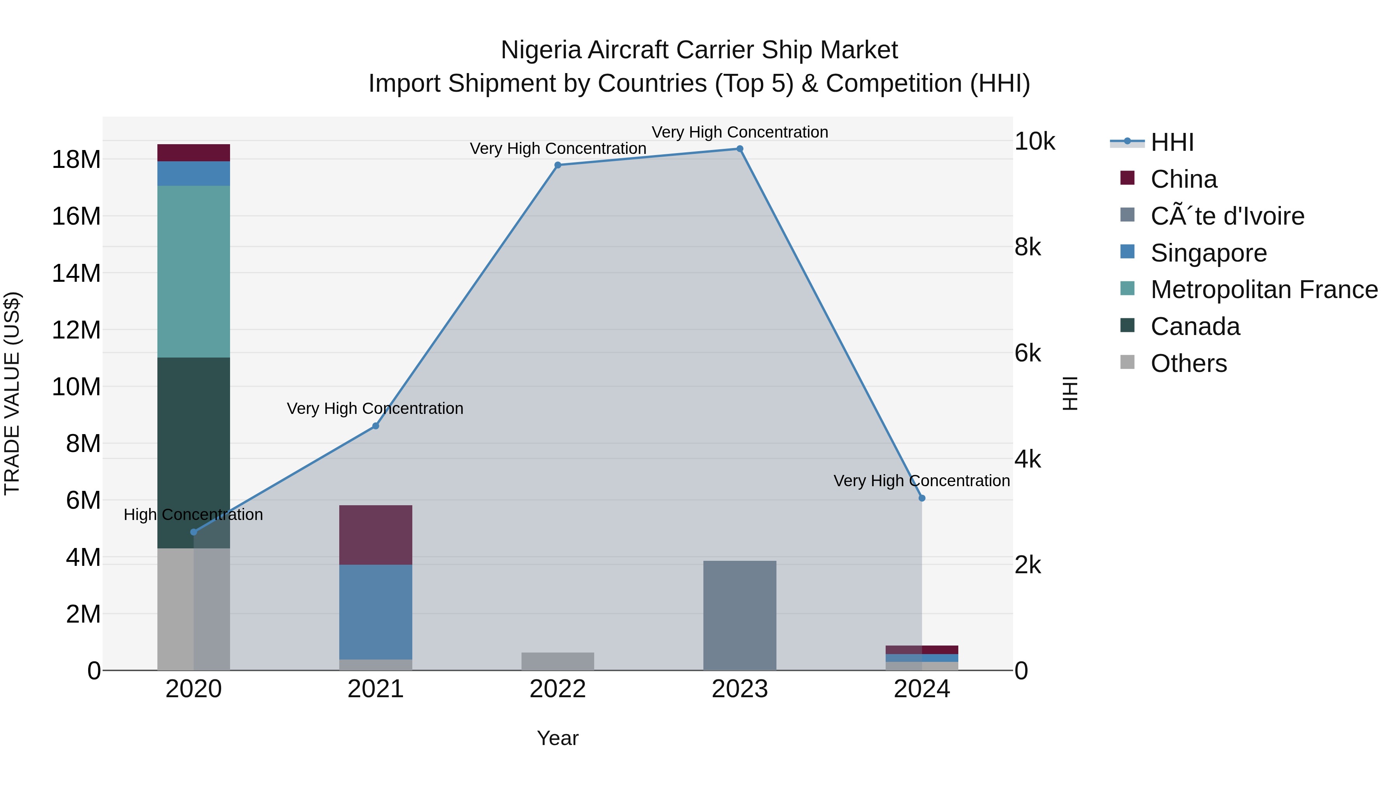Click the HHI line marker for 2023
click(739, 149)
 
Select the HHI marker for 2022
click(557, 165)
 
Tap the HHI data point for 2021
click(375, 426)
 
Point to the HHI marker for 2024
click(922, 498)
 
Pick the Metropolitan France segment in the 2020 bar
click(194, 272)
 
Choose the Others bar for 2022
click(557, 661)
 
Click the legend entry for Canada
click(1195, 326)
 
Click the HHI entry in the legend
click(1172, 142)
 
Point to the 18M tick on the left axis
click(76, 160)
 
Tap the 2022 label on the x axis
click(557, 689)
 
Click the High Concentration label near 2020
click(194, 514)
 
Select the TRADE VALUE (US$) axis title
click(12, 393)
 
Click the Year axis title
click(557, 738)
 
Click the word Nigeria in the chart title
click(541, 50)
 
